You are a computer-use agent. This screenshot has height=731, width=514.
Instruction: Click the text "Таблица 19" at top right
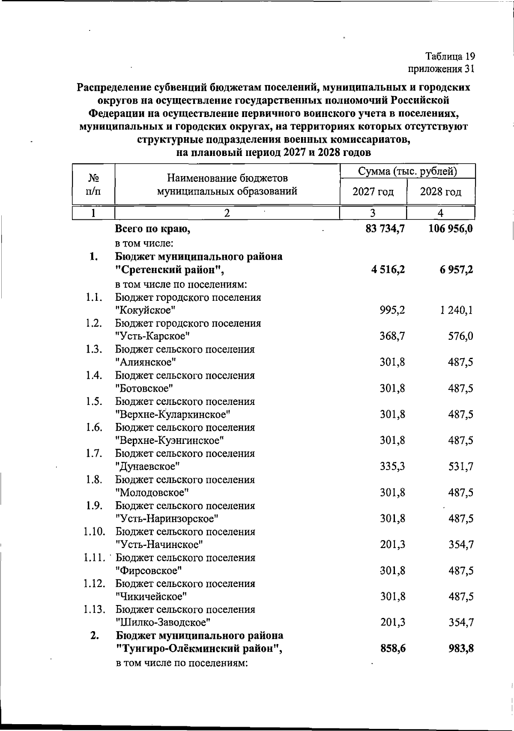click(450, 57)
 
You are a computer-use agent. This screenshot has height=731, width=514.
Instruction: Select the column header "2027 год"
click(373, 192)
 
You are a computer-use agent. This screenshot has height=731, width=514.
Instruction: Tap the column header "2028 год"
click(440, 192)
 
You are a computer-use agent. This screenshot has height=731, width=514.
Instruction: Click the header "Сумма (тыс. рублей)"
click(407, 171)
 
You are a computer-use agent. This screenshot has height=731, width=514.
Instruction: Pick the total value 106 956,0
click(451, 229)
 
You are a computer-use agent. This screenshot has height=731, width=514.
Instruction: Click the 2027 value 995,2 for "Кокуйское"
click(392, 310)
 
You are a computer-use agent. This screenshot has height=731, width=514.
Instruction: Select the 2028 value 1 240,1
click(456, 310)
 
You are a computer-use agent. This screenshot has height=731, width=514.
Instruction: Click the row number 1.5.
click(94, 401)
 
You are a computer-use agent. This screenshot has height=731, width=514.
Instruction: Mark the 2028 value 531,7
click(461, 467)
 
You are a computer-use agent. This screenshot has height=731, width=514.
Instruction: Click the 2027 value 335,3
click(392, 467)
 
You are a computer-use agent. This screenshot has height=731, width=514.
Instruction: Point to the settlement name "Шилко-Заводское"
click(163, 623)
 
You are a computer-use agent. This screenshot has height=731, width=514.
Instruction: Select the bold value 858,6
click(393, 649)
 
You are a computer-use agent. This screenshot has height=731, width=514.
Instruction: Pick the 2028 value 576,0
click(461, 336)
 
